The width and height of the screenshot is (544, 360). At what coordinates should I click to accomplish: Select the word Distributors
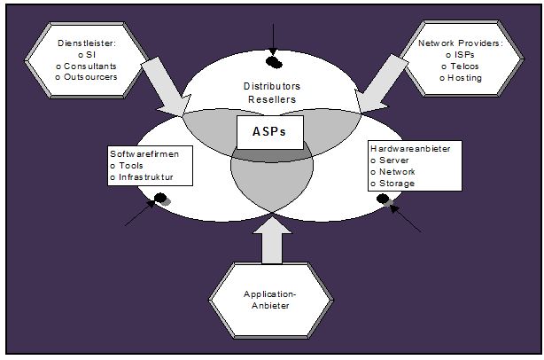tap(271, 86)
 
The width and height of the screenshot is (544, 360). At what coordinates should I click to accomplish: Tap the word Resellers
tap(271, 98)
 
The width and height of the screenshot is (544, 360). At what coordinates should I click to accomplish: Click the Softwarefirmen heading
tap(144, 153)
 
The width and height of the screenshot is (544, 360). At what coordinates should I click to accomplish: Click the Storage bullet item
tap(397, 184)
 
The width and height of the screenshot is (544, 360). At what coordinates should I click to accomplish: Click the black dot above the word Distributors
tap(276, 62)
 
